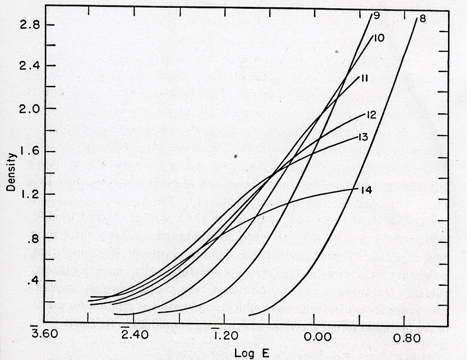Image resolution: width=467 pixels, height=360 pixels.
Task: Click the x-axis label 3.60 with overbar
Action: [x=43, y=336]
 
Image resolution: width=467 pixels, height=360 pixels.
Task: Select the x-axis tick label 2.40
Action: [x=133, y=336]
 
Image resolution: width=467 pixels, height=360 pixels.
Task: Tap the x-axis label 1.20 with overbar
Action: [x=224, y=336]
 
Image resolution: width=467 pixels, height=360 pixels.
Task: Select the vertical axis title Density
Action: [x=12, y=172]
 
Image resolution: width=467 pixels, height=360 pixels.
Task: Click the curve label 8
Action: [x=422, y=20]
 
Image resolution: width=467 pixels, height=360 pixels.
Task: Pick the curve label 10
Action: [x=379, y=37]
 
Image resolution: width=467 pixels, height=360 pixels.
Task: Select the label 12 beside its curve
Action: [x=371, y=115]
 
